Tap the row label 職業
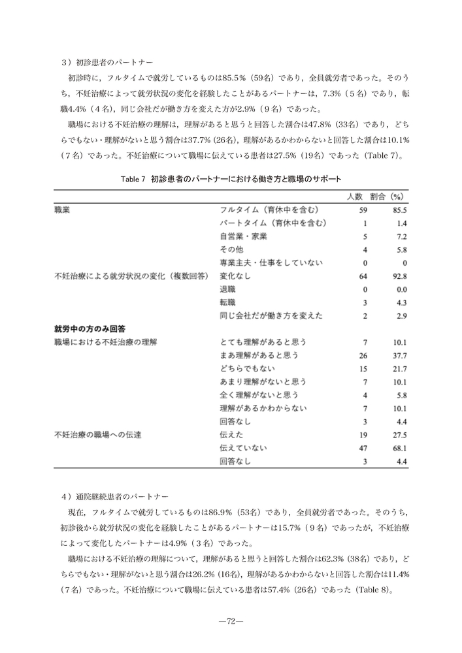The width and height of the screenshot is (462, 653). coord(63,210)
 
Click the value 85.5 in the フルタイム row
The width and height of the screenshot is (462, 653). coord(400,211)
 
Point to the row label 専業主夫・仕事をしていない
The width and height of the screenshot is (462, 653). coord(271,263)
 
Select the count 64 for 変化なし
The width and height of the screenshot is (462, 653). coord(363,276)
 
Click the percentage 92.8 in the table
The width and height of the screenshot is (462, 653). coord(400,276)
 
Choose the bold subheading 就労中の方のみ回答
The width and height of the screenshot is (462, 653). coord(90,328)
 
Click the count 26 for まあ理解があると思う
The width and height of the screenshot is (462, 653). coord(363,355)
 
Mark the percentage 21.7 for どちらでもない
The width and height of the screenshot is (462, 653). coord(400,369)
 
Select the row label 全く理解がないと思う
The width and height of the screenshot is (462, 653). coord(259,395)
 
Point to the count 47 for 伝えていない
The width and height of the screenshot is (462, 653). coord(363,448)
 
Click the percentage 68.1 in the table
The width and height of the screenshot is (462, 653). coord(400,448)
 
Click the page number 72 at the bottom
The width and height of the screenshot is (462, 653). coord(231,621)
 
